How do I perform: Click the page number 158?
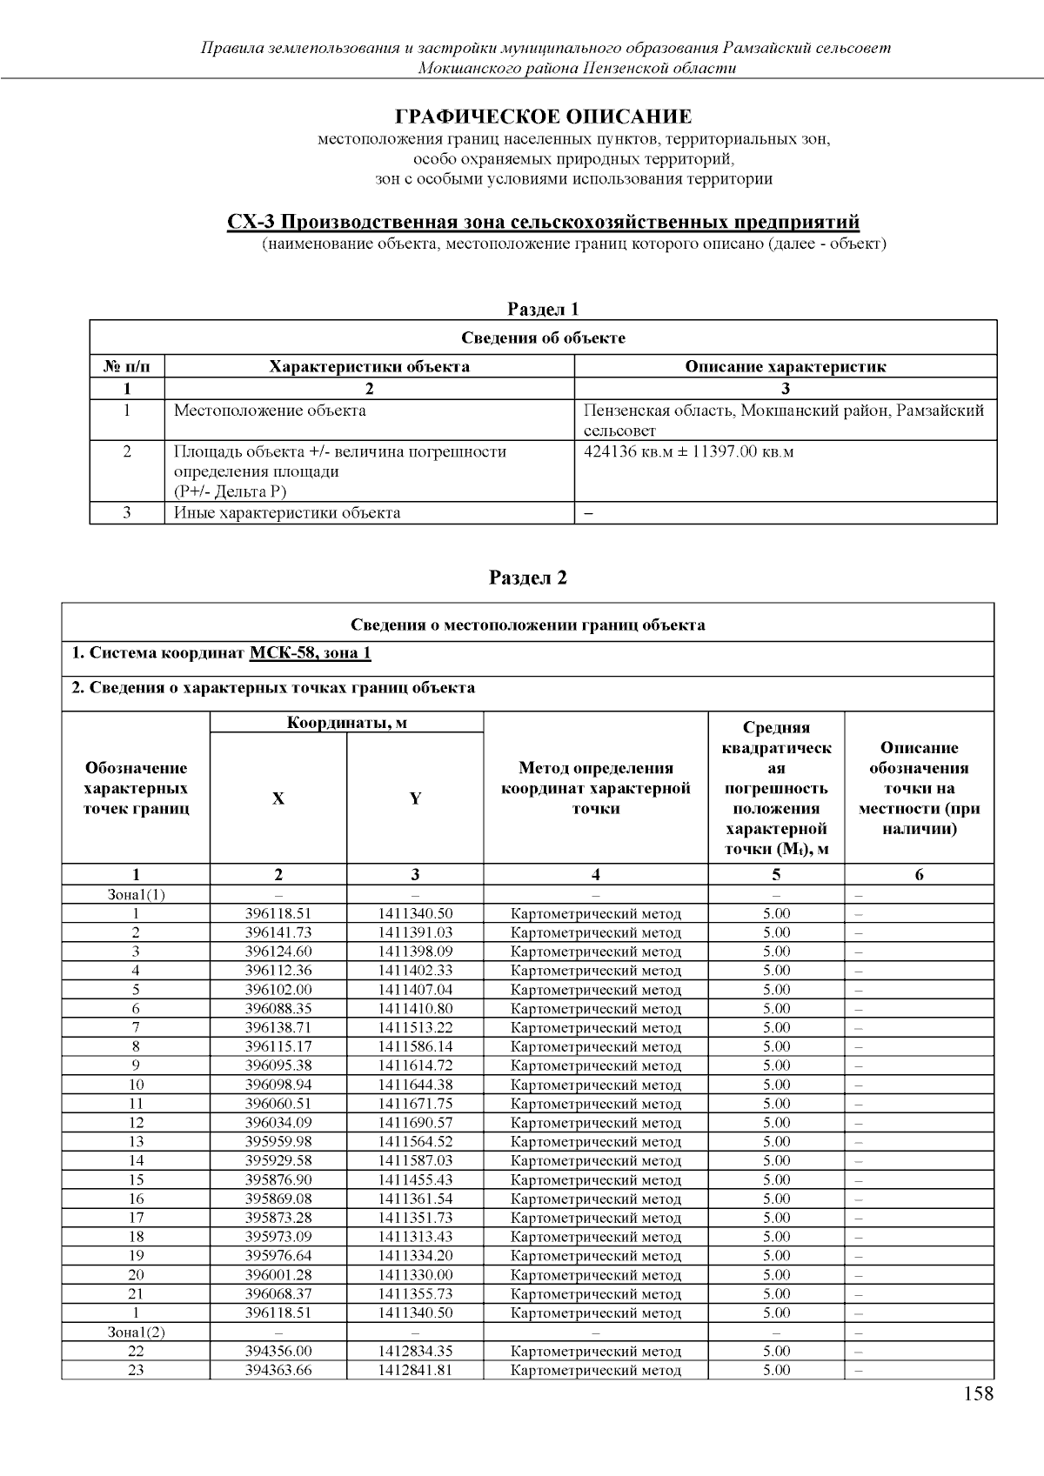point(978,1394)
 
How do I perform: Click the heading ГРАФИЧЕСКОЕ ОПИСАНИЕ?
point(544,117)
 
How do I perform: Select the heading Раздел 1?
point(543,309)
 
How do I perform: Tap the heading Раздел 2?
point(528,578)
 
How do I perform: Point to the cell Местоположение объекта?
point(270,411)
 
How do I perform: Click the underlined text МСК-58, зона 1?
point(311,653)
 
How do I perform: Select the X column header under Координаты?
point(278,798)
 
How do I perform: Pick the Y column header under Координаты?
point(415,798)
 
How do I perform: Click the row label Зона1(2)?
point(136,1332)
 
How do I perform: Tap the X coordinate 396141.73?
point(278,932)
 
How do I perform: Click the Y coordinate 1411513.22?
point(415,1027)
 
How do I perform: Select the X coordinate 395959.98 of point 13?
point(278,1141)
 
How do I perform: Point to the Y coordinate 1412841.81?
point(415,1370)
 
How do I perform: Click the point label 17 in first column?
point(136,1218)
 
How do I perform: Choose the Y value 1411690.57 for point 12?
point(415,1123)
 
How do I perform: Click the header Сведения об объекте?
point(543,337)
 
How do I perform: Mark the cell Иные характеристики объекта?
point(287,512)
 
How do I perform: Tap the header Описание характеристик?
point(785,366)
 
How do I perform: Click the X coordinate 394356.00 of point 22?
point(278,1351)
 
